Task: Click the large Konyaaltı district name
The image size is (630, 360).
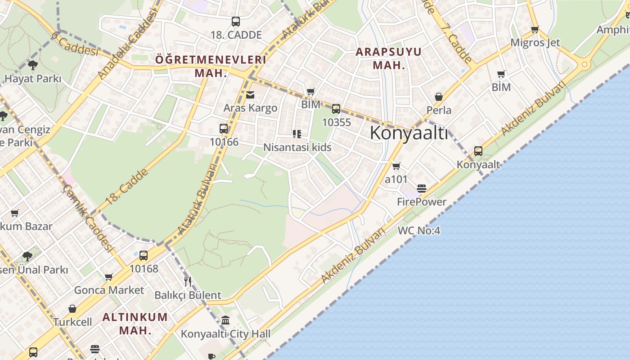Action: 409,133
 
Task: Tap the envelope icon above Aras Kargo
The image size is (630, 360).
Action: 250,95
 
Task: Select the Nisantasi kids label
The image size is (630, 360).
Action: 297,147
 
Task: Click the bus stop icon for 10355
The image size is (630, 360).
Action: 336,108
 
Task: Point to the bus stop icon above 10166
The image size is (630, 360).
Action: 224,129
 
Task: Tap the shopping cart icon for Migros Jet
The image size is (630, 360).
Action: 535,30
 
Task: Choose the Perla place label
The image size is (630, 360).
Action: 439,110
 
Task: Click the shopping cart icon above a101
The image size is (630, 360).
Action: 396,166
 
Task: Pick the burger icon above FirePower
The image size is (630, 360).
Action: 422,189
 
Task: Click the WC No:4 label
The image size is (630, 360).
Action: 419,231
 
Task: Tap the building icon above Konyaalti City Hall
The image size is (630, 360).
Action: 225,320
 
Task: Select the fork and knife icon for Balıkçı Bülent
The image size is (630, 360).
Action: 188,282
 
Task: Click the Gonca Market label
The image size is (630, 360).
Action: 109,290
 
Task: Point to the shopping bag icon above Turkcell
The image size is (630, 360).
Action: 72,309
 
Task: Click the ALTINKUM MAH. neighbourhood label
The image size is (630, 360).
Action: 135,323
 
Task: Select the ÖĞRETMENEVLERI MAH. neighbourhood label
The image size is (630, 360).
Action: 211,66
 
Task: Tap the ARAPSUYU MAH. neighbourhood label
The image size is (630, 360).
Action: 389,58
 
